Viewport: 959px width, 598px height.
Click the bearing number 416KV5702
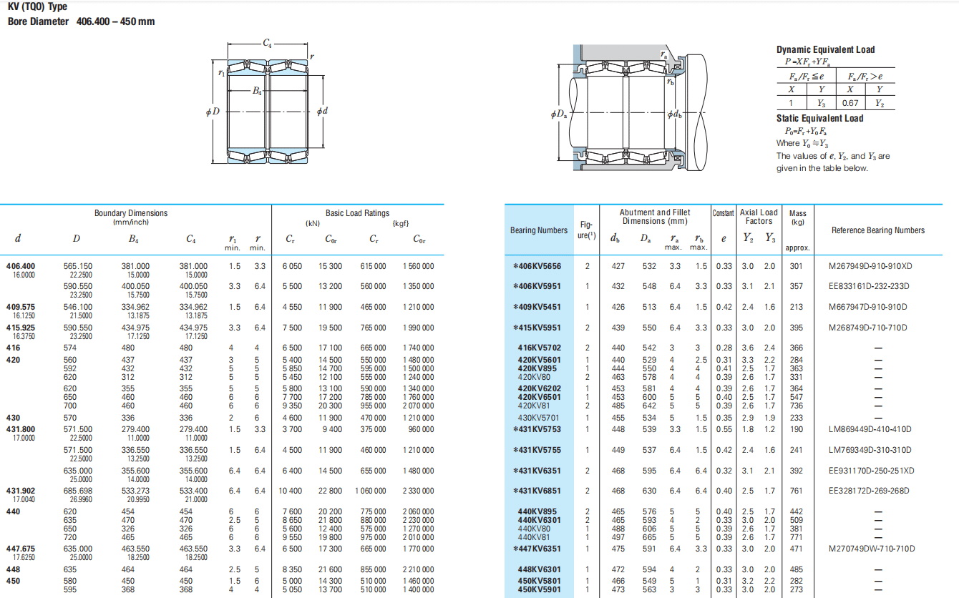(x=539, y=348)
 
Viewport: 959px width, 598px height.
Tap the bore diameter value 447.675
(x=21, y=549)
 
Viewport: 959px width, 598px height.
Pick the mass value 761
(x=797, y=491)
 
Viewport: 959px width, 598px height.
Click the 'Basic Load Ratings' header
(x=358, y=212)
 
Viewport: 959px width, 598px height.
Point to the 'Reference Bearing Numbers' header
(x=878, y=230)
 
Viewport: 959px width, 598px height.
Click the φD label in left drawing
(x=213, y=112)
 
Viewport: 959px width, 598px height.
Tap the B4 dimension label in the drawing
(x=256, y=91)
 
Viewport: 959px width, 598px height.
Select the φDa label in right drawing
(x=559, y=114)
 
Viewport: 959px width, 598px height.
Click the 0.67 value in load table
(x=850, y=103)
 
